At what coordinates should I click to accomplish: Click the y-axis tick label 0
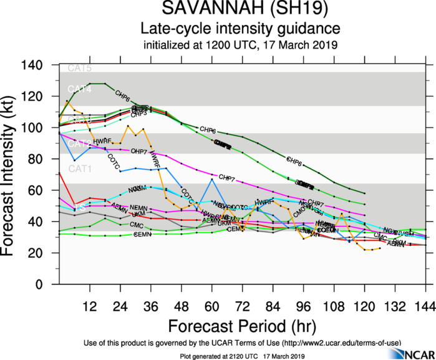47,285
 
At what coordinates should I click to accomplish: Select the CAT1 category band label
79,169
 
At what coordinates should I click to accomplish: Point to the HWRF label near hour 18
102,142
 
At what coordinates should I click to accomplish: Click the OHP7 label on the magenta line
138,152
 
